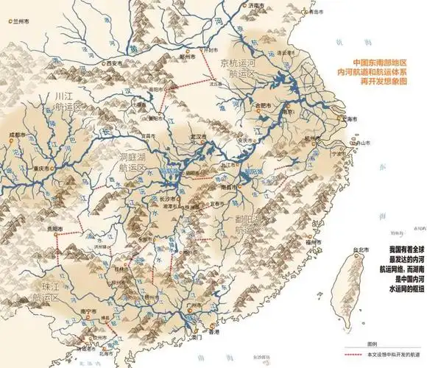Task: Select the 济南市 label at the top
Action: coord(254,5)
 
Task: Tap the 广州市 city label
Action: coord(194,305)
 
